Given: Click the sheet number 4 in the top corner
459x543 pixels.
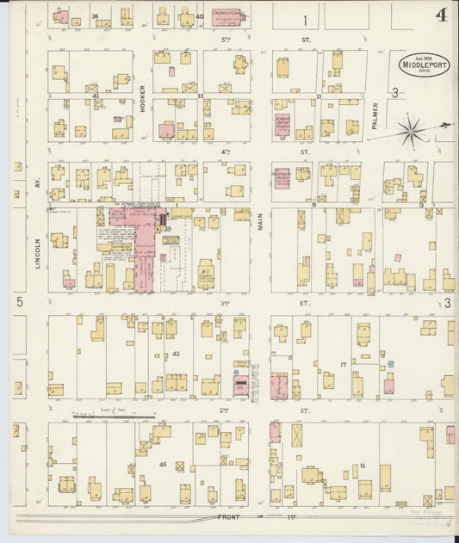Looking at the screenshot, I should (x=441, y=15).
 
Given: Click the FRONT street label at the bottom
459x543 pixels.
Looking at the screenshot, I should (x=229, y=517).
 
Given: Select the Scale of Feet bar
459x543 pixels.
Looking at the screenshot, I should (x=112, y=417).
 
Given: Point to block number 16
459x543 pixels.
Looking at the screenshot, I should (x=363, y=466).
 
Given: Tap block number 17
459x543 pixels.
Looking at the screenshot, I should (x=343, y=364).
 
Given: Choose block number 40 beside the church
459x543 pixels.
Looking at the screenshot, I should (x=199, y=16).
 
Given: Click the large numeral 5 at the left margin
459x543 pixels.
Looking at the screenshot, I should (x=18, y=302).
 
